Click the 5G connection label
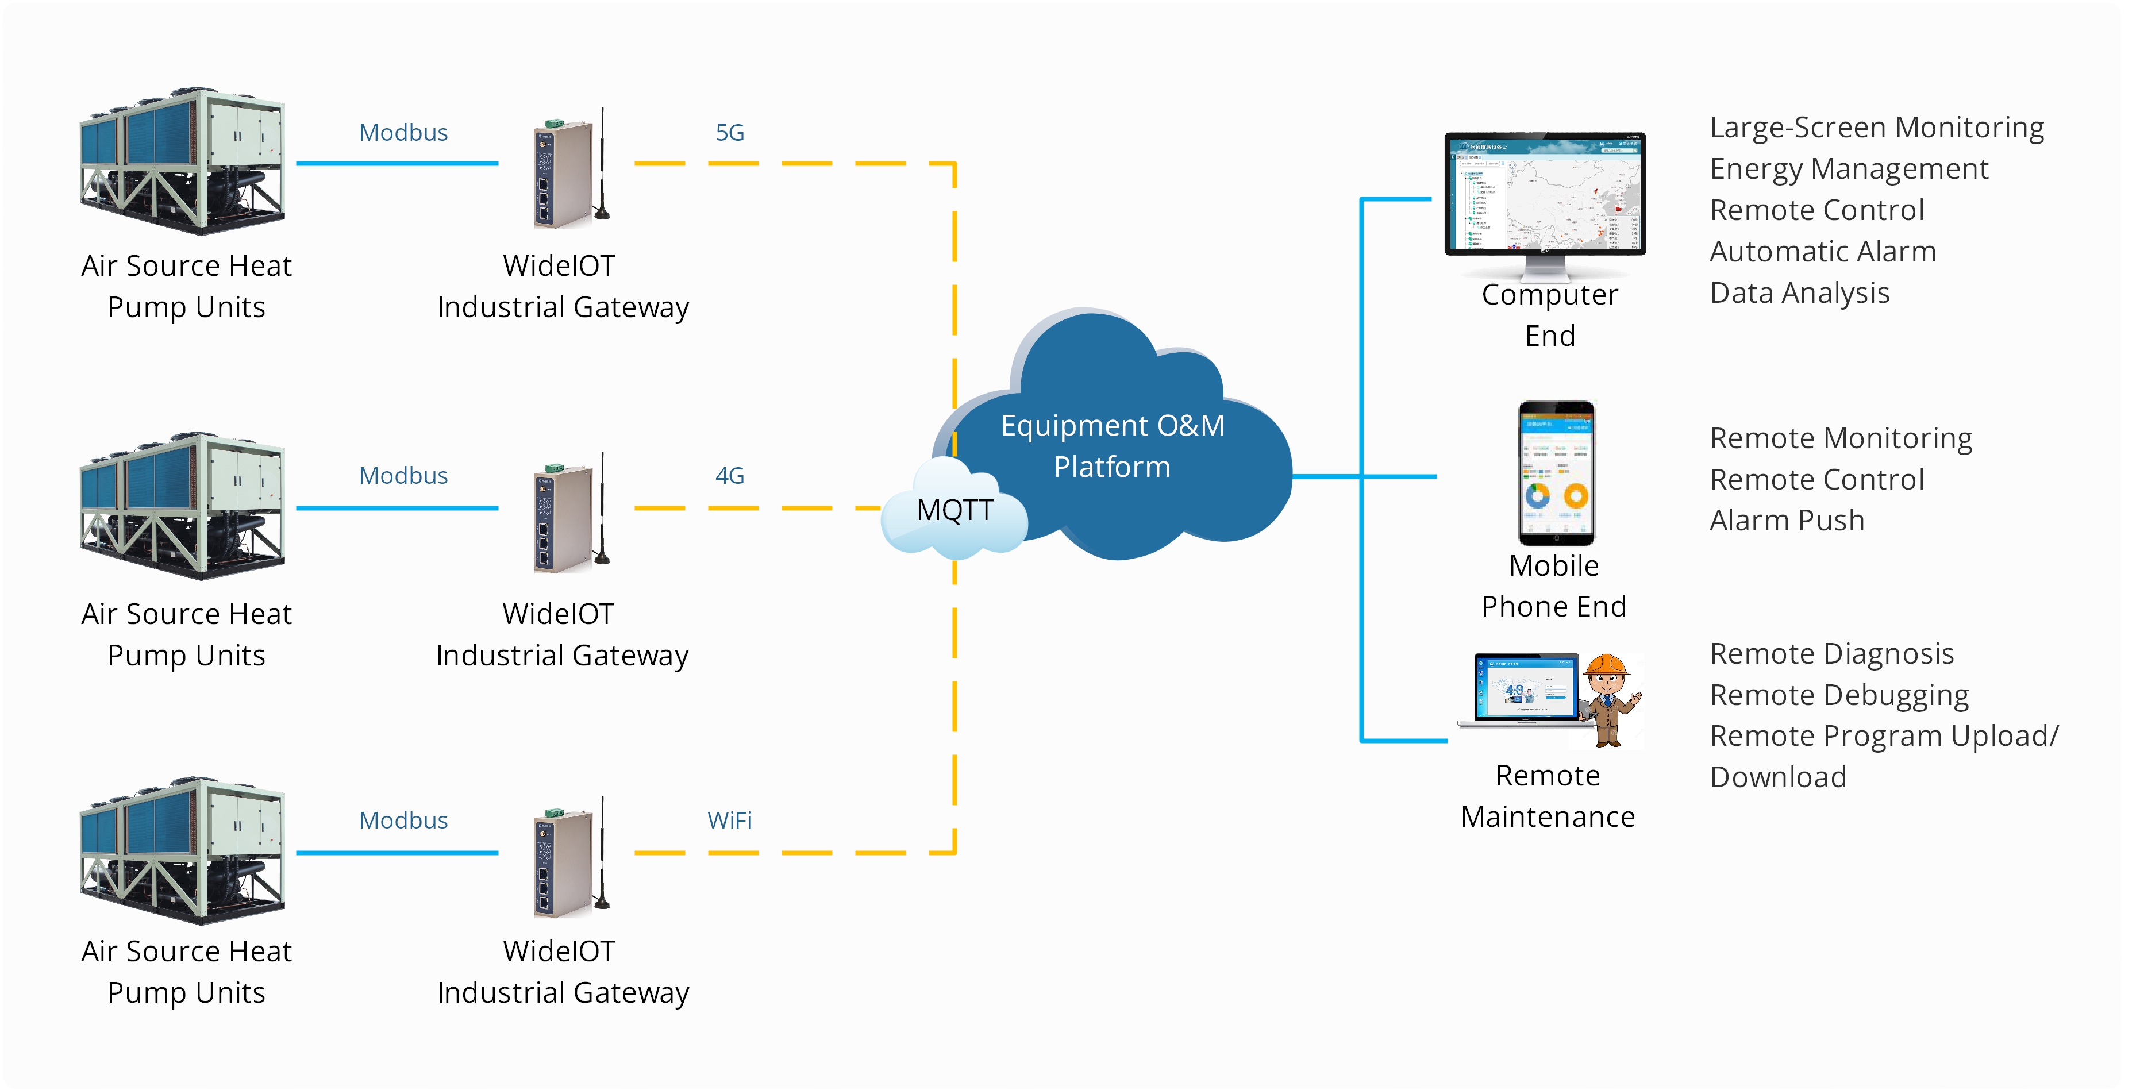pyautogui.click(x=729, y=133)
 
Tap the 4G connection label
pyautogui.click(x=729, y=476)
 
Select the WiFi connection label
pyautogui.click(x=729, y=821)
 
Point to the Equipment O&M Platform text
pyautogui.click(x=1111, y=446)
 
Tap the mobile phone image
pyautogui.click(x=1556, y=473)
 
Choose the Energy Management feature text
pyautogui.click(x=1849, y=170)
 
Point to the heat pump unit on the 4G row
pyautogui.click(x=183, y=507)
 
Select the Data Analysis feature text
pyautogui.click(x=1799, y=293)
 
